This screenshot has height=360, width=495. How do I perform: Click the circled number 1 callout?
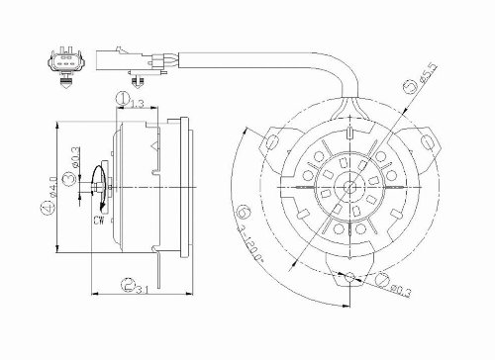[x=119, y=98]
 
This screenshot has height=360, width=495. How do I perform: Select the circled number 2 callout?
[x=129, y=287]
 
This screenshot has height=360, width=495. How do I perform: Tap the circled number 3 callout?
[x=66, y=178]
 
